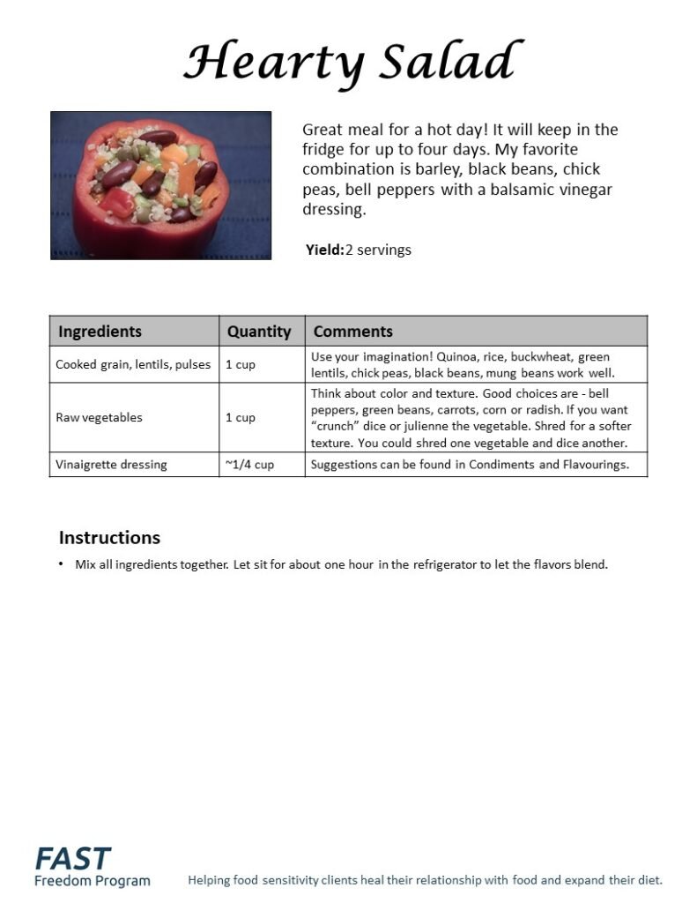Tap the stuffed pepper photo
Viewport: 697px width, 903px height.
tap(160, 185)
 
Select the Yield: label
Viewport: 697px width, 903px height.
tap(324, 250)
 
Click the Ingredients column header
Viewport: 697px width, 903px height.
tap(100, 332)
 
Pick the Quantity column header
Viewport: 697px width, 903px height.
tap(258, 332)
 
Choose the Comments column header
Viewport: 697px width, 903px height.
tap(353, 332)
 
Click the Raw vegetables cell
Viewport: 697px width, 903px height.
tap(99, 417)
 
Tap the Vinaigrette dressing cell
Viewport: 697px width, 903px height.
tap(111, 464)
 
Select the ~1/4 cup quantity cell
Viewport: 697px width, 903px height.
tap(249, 464)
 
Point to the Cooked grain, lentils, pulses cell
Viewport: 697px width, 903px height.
tap(133, 364)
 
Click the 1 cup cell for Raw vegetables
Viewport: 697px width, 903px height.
tap(241, 417)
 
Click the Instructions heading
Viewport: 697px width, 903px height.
tap(109, 538)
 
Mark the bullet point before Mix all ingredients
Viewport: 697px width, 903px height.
tap(61, 564)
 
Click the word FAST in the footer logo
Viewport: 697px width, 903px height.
tap(73, 858)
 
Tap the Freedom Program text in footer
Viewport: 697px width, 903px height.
tap(93, 880)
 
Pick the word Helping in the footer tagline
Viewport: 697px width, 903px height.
tap(211, 880)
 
